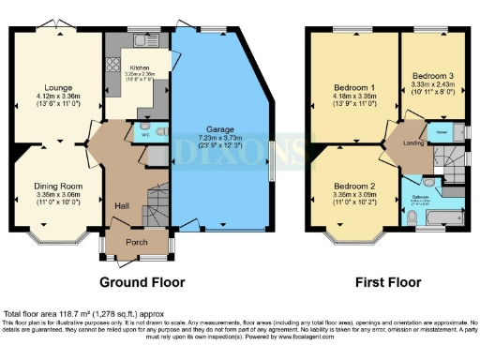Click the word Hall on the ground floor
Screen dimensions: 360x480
pyautogui.click(x=122, y=205)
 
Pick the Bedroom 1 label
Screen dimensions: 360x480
pyautogui.click(x=353, y=84)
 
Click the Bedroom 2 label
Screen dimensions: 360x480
pyautogui.click(x=353, y=187)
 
